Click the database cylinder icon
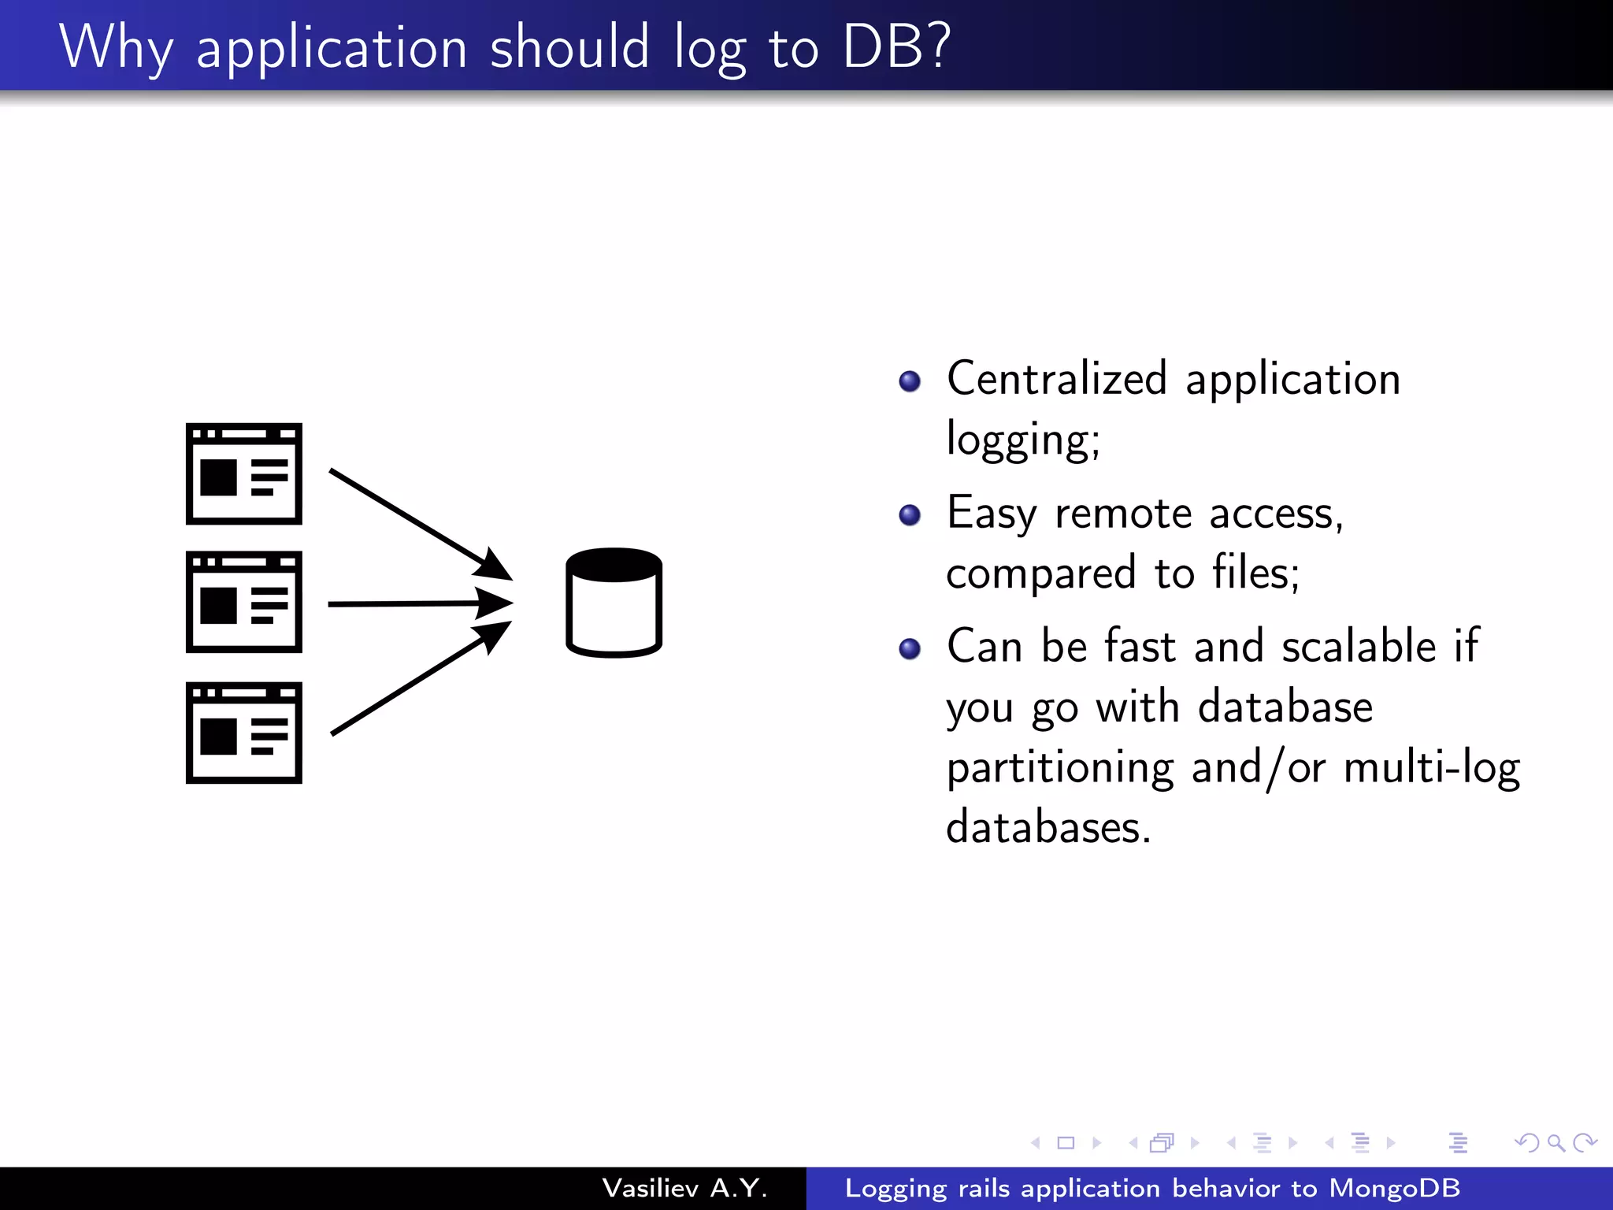click(x=614, y=603)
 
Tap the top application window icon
click(x=244, y=473)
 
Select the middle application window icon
click(x=244, y=602)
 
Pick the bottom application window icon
click(x=244, y=733)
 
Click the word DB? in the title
click(x=896, y=47)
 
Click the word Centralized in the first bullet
click(x=1056, y=378)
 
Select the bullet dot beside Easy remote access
click(x=910, y=515)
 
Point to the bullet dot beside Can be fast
click(x=910, y=648)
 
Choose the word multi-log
click(x=1431, y=768)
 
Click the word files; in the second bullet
click(x=1255, y=573)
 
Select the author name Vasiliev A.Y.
click(x=684, y=1188)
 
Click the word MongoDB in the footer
click(x=1394, y=1188)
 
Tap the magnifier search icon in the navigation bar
click(x=1556, y=1142)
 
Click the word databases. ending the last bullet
click(x=1048, y=828)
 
